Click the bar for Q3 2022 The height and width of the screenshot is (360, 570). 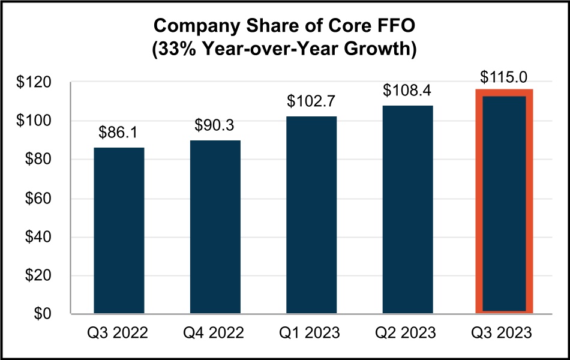click(x=119, y=230)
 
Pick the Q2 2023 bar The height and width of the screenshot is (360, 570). click(x=408, y=209)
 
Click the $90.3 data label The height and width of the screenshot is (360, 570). click(x=215, y=127)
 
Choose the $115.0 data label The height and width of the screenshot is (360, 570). click(x=504, y=78)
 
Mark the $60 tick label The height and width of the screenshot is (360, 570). click(x=43, y=199)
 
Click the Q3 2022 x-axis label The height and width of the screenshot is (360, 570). click(x=119, y=332)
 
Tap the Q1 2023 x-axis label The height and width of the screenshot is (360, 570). click(x=311, y=332)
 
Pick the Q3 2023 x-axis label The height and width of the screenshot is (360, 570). click(x=504, y=332)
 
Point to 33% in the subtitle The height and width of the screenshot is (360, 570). click(x=179, y=49)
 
